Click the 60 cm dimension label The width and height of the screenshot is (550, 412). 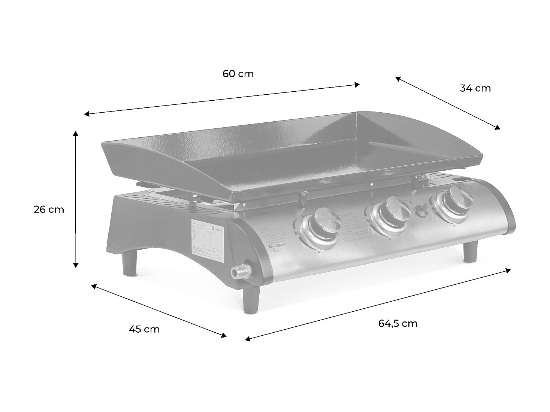[238, 74]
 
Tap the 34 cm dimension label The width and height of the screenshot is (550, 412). [475, 88]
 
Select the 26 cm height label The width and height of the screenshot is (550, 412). [49, 210]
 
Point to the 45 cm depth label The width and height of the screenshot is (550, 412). [144, 329]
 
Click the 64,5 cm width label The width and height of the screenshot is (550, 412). [398, 323]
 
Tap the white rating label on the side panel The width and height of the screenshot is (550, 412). [207, 241]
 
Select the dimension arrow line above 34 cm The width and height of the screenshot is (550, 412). [447, 103]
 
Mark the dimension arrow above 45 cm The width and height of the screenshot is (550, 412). [159, 311]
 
